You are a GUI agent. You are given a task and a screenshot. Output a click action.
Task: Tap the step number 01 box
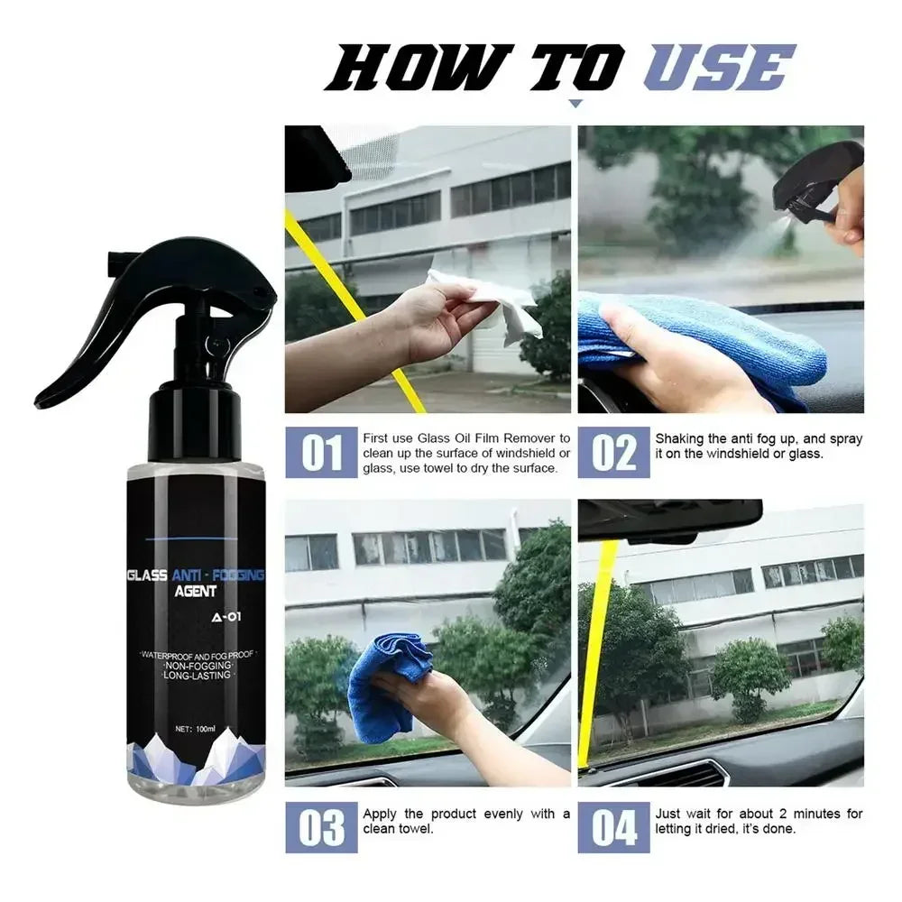tap(322, 453)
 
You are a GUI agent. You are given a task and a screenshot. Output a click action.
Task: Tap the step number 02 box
tap(613, 453)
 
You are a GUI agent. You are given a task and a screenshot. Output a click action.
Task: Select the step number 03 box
tap(322, 826)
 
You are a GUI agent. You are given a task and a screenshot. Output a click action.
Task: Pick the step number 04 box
tap(613, 826)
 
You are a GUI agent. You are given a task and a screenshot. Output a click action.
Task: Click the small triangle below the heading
tap(575, 105)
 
